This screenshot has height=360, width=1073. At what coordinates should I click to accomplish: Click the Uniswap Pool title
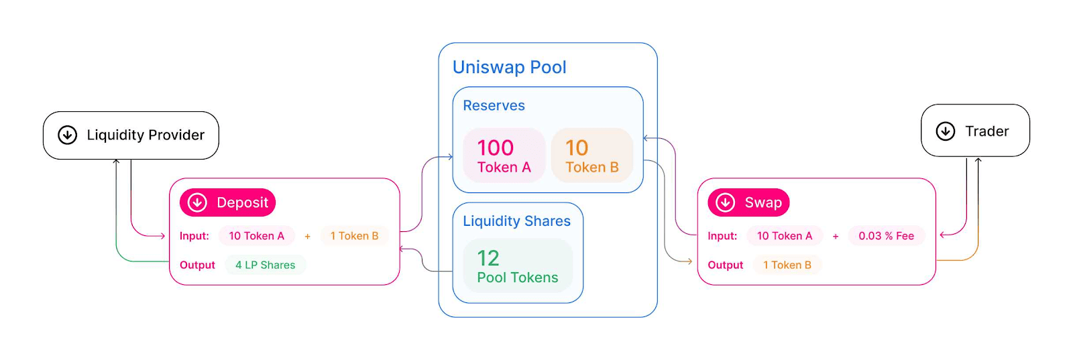[x=509, y=68]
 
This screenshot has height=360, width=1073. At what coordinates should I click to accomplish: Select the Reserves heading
[x=494, y=106]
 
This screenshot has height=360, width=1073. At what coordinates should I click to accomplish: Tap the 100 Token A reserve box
[x=504, y=156]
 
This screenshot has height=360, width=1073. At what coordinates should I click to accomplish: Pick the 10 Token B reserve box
[x=591, y=156]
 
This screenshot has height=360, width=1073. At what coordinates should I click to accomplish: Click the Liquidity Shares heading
[x=516, y=221]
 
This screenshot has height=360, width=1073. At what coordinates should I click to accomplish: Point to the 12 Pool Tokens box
[x=517, y=266]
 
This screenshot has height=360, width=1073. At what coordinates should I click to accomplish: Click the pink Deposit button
[x=227, y=202]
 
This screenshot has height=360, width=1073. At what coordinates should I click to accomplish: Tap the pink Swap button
[x=748, y=202]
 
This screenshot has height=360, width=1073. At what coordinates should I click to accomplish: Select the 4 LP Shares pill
[x=265, y=265]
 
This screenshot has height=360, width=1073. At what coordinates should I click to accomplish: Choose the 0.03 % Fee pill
[x=886, y=236]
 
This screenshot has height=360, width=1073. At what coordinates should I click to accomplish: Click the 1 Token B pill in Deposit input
[x=354, y=236]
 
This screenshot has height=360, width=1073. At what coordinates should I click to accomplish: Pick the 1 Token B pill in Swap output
[x=787, y=265]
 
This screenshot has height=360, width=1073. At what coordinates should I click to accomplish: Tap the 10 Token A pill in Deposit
[x=256, y=236]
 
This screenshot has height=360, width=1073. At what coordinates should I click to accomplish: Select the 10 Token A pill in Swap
[x=784, y=236]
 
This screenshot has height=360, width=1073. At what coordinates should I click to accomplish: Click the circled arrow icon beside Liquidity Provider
[x=67, y=135]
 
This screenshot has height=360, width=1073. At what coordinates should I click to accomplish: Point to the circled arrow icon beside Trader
[x=946, y=131]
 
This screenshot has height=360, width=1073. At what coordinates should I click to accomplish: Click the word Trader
[x=986, y=131]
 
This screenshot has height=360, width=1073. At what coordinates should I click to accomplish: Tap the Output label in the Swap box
[x=725, y=265]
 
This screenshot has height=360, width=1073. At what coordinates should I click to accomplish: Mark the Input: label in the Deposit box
[x=194, y=236]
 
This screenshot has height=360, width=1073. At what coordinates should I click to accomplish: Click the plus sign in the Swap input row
[x=836, y=236]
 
